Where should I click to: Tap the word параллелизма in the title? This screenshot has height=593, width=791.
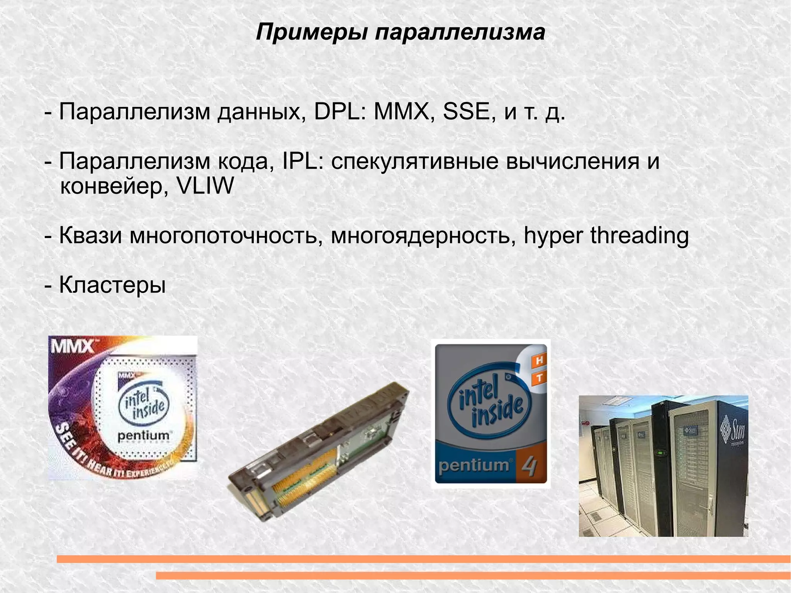coord(460,32)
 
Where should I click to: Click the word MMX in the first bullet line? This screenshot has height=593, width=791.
coord(401,112)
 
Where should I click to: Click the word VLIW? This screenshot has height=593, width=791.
coord(205,186)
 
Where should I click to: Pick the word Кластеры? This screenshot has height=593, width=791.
coord(112,285)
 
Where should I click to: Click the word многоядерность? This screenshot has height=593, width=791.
coord(423,236)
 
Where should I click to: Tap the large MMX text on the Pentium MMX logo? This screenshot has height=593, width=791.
coord(72,347)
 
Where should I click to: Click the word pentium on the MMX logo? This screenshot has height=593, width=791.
coord(143,435)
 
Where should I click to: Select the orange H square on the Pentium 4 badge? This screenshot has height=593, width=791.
coord(539,361)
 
